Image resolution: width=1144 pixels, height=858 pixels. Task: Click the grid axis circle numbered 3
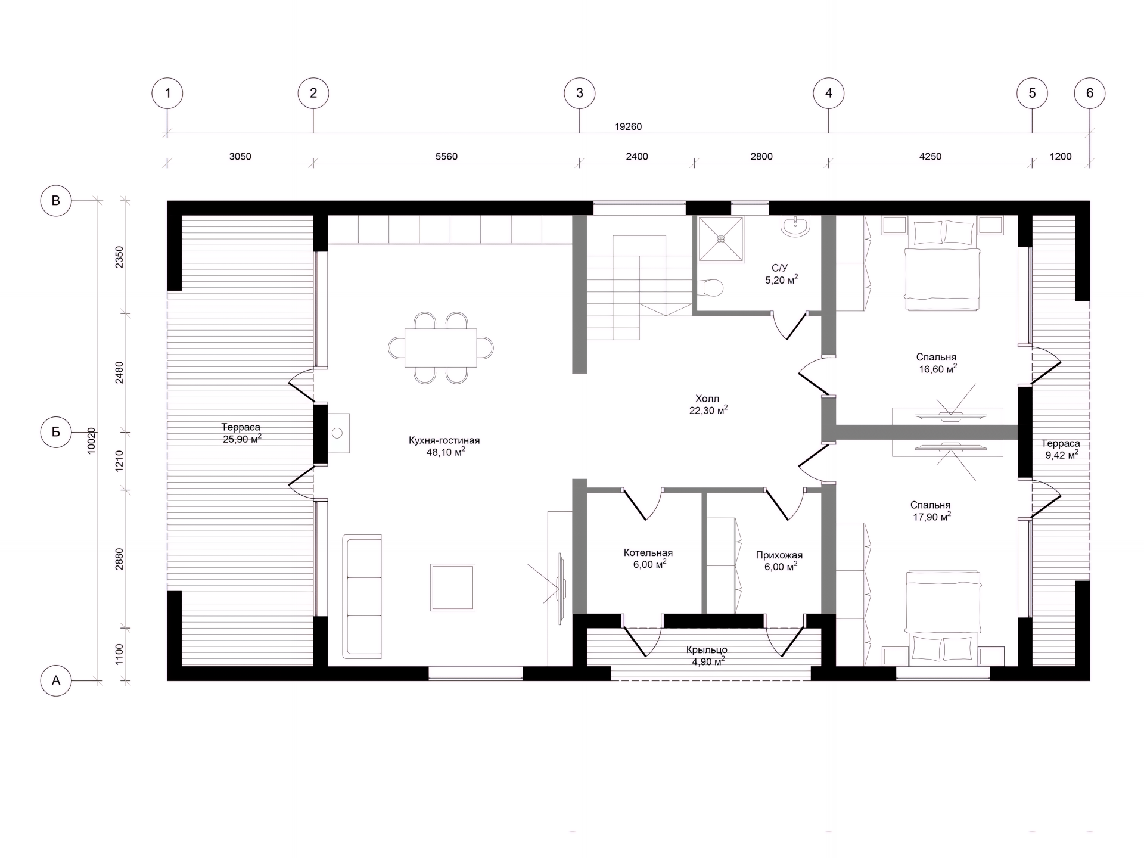580,93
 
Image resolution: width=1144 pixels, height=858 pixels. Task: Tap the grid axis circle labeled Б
56,432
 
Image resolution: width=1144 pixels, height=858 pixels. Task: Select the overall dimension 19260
628,126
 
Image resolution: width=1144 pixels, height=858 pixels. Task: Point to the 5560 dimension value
446,157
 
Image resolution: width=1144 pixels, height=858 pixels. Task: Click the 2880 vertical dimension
119,559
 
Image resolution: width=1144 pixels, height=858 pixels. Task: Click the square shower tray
721,239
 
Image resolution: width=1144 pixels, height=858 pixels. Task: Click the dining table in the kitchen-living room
440,347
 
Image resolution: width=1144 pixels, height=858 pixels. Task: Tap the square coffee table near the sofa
453,587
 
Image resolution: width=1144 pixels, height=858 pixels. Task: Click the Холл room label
707,399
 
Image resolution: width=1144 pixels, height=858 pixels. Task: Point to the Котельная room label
648,553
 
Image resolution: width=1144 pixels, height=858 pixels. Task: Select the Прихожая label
779,555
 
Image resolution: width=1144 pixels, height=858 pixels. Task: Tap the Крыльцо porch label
707,650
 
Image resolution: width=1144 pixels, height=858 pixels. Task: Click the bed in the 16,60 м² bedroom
942,263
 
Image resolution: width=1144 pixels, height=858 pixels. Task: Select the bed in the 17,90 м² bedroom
943,618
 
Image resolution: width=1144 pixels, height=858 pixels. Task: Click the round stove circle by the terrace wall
337,433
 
